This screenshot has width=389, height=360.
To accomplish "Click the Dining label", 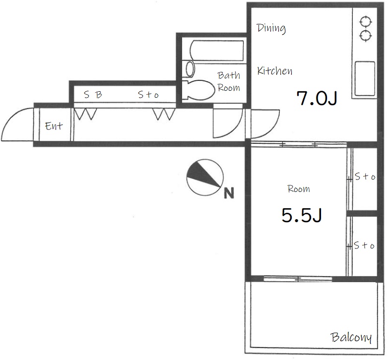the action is pos(271,28).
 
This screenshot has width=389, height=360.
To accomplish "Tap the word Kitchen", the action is pos(275,71).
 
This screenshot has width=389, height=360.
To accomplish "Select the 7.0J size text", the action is pos(317,98).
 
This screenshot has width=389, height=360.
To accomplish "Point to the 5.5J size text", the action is pos(302,215).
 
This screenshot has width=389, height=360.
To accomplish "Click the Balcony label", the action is pos(351,337).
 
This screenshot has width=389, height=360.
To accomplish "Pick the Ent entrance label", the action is pos(54,126).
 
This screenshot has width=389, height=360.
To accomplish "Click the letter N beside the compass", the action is pos(229,193).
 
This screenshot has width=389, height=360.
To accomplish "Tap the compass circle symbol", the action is pos(205,178).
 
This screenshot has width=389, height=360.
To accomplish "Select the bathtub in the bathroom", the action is pos(216,51).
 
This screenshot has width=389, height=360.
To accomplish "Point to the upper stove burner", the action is pos(366,22).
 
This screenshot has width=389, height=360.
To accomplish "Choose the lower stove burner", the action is pos(366,36).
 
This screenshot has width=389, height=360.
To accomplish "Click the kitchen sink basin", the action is pos(365,78).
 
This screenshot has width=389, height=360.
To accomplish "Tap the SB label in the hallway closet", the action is pos(93,94).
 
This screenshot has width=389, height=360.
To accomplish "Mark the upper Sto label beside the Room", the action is pos(365,177).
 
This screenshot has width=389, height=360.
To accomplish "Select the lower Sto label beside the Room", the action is pos(364,245).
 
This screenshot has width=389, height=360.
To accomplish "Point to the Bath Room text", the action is pos(229,81).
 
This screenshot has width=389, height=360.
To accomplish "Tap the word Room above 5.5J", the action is pos(299,189).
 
